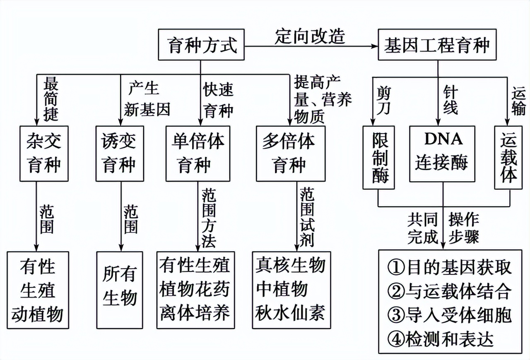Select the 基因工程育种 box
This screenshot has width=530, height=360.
tap(437, 45)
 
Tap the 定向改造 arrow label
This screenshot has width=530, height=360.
tap(310, 36)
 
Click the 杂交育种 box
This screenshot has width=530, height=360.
tap(44, 154)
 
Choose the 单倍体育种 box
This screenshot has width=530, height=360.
tap(198, 154)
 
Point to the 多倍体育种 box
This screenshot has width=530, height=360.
tap(291, 154)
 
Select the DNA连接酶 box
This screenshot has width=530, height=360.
tap(443, 154)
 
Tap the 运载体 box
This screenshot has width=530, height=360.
tap(508, 157)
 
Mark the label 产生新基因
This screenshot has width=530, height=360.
tap(147, 99)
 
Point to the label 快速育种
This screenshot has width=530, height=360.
tap(218, 100)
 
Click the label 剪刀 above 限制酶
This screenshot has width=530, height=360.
tap(383, 100)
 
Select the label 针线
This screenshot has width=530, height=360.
tap(450, 100)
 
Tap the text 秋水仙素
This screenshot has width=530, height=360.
tap(291, 312)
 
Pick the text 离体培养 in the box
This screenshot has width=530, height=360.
tap(195, 312)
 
